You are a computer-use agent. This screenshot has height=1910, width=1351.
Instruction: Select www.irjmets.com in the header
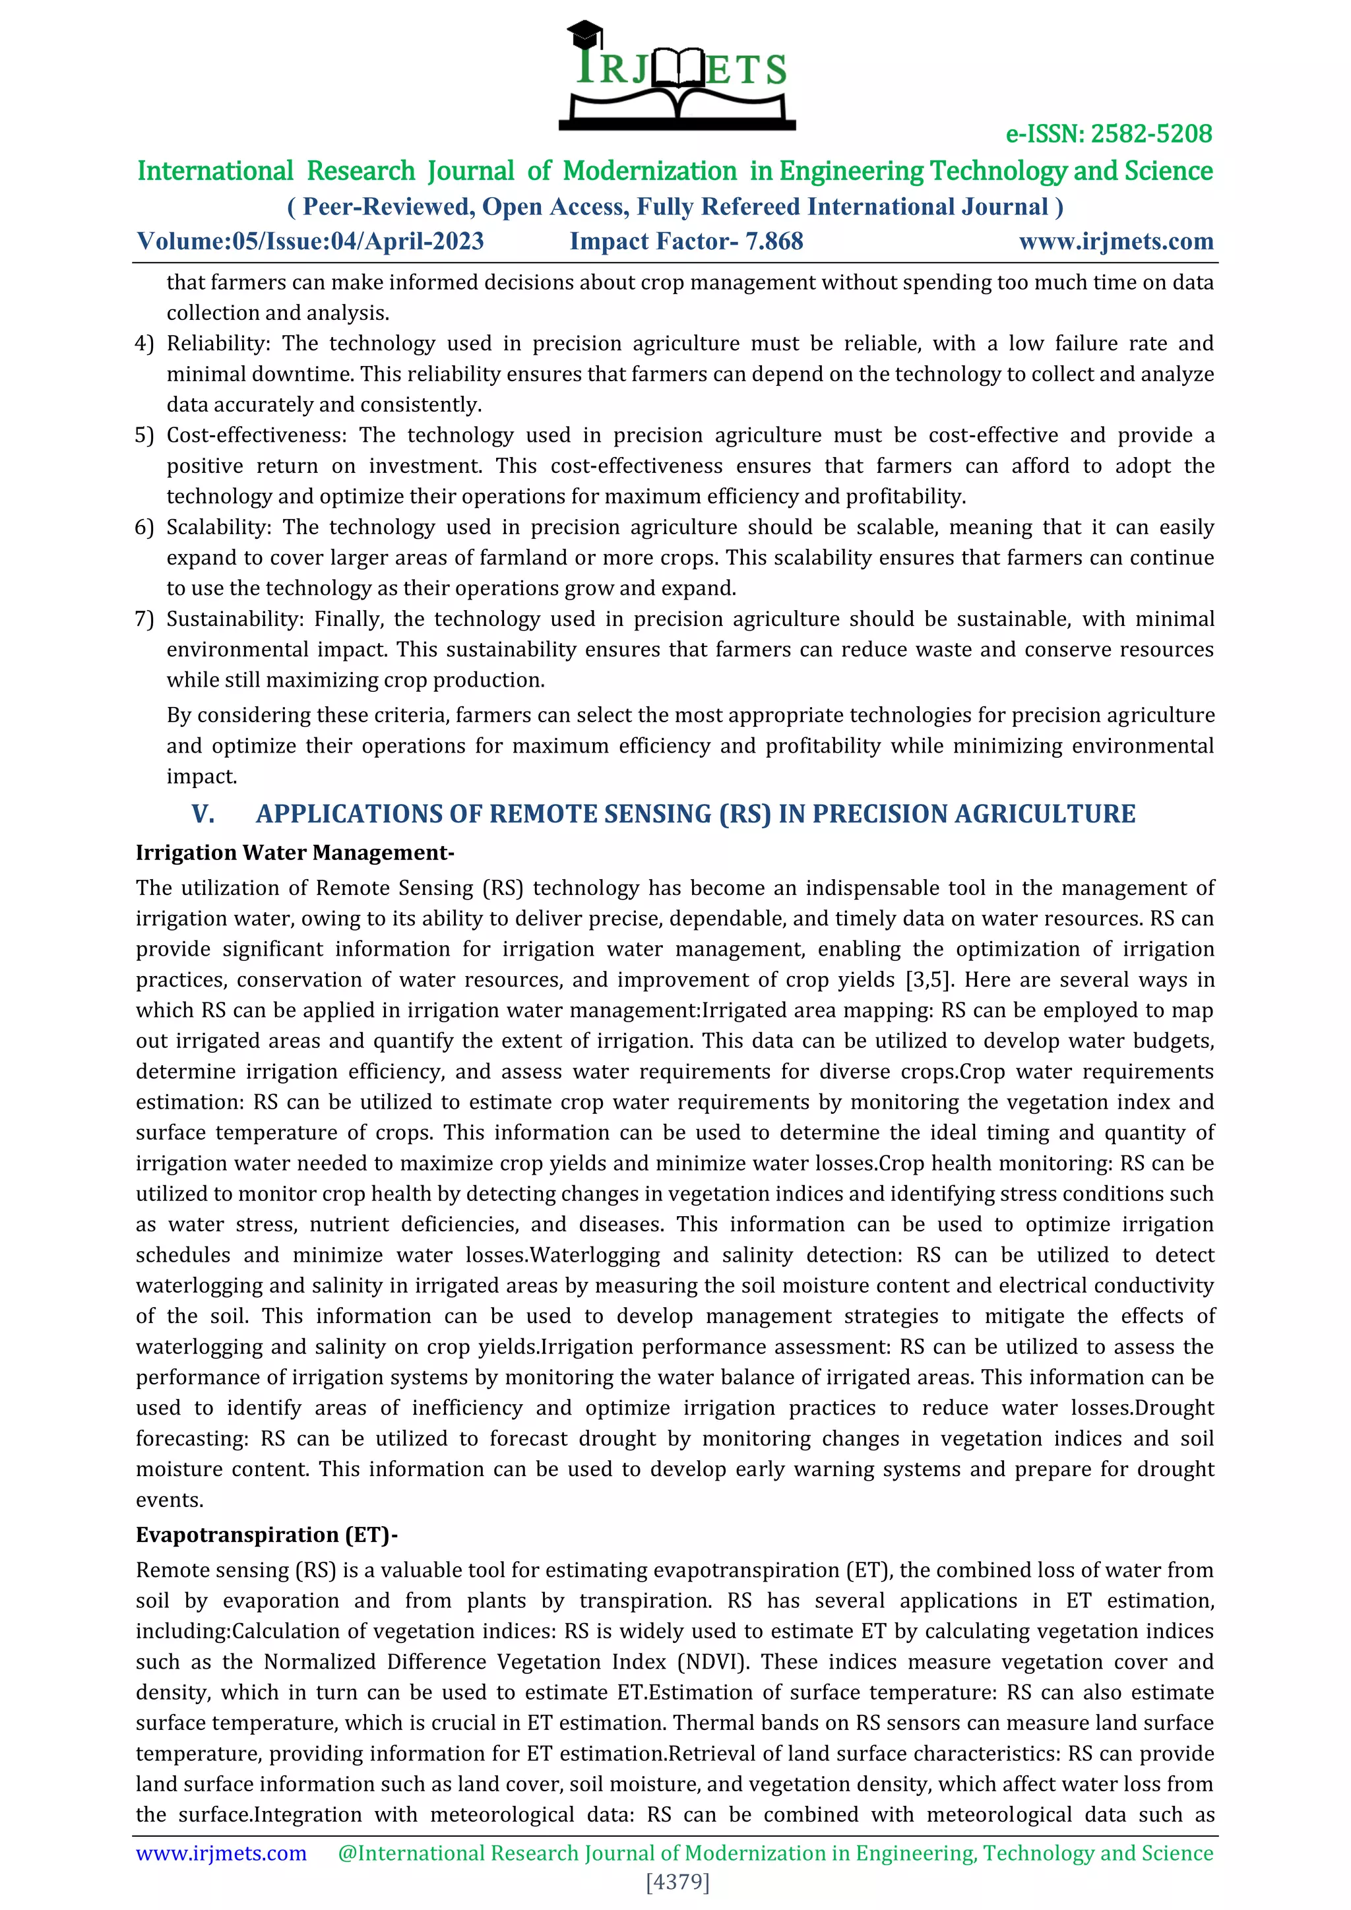[x=1115, y=241]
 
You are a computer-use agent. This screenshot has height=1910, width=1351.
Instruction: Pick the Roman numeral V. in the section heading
[x=203, y=814]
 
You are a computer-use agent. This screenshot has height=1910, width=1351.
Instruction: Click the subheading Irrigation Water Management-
[x=294, y=853]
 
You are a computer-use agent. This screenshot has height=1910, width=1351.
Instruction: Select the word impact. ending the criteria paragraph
[x=201, y=776]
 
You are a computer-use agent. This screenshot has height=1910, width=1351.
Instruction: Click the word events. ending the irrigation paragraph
[x=170, y=1500]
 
